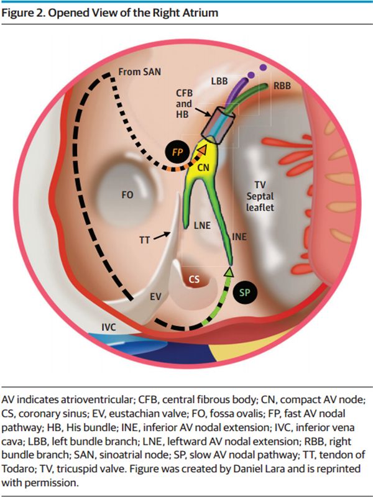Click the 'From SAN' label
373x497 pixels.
(x=140, y=72)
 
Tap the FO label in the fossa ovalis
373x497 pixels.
(x=127, y=194)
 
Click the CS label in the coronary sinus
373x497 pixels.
(x=195, y=280)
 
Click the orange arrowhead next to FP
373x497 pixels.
(x=203, y=149)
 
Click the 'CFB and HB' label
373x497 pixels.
(x=183, y=103)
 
